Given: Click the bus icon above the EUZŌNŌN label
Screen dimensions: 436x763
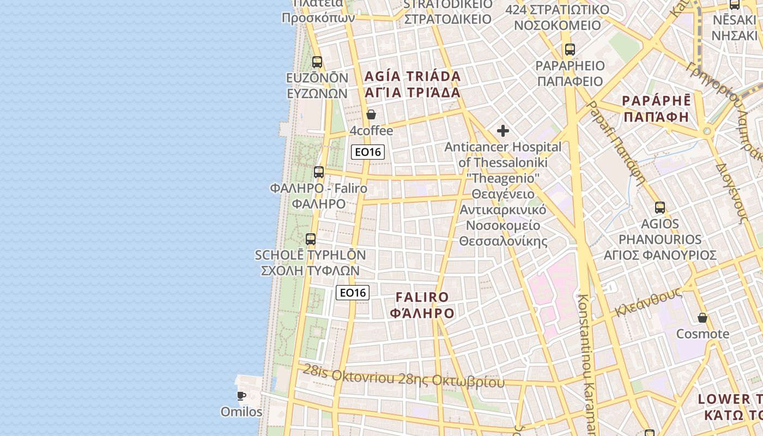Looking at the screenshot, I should click(317, 62).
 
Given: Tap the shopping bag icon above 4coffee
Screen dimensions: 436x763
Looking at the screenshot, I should click(371, 114).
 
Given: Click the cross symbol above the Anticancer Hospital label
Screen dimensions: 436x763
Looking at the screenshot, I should click(503, 131).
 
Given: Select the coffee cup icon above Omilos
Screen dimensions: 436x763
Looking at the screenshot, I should click(241, 396).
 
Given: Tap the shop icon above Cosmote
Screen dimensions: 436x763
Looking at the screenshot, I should click(703, 318).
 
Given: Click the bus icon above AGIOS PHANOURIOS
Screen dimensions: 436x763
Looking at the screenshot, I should click(660, 208).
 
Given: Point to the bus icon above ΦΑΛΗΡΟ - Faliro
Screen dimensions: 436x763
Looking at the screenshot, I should click(319, 172).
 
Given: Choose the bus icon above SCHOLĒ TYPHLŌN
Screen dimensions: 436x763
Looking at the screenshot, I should click(311, 239).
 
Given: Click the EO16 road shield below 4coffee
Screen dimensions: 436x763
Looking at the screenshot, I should click(368, 152).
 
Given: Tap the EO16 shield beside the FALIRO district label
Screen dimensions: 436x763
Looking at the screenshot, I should click(353, 293).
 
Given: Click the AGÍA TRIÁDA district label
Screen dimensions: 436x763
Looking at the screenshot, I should click(413, 84).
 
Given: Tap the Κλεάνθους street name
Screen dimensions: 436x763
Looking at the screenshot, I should click(649, 301).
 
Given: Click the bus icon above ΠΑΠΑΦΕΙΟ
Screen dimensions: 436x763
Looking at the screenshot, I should click(570, 50).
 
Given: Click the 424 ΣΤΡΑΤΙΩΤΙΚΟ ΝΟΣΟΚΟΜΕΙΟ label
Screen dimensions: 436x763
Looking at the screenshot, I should click(557, 17).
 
